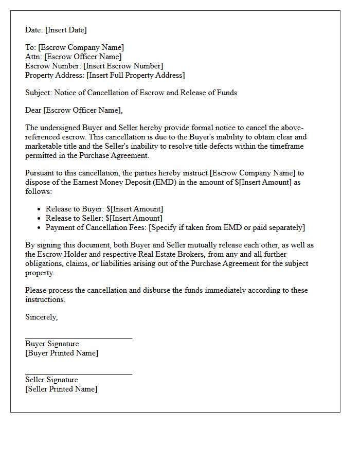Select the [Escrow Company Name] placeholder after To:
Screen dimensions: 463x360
(x=81, y=47)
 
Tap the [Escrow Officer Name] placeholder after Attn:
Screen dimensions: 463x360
(x=83, y=57)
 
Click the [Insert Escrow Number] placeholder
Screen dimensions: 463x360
(x=123, y=66)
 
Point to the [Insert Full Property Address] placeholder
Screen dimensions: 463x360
(x=135, y=75)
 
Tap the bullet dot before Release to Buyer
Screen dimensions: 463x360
(x=40, y=209)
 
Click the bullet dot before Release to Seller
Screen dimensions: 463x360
(x=40, y=219)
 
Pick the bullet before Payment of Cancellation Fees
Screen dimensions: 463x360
(x=40, y=228)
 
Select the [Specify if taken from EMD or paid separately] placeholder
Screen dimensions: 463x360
(x=227, y=227)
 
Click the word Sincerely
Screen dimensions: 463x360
(x=41, y=317)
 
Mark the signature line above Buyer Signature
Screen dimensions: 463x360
(x=78, y=338)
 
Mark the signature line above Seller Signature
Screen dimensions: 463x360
(x=78, y=374)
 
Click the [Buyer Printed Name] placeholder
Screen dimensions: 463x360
(x=62, y=353)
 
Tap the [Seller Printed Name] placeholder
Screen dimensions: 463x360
(x=61, y=389)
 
